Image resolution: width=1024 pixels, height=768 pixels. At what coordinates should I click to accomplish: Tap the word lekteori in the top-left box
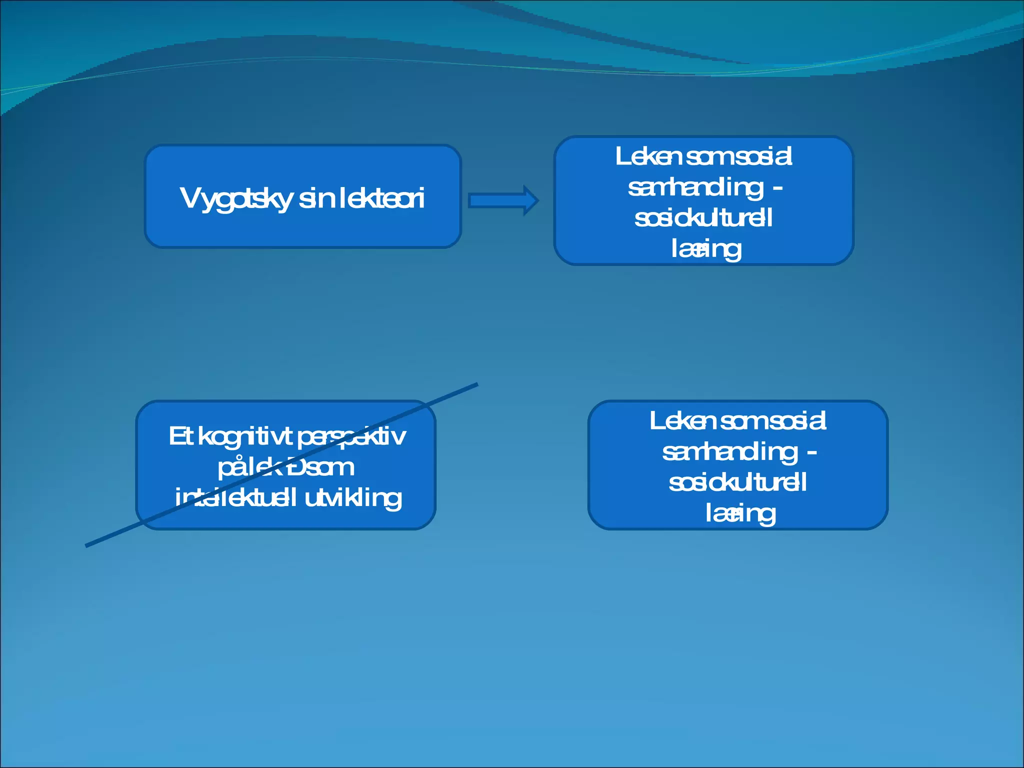[x=382, y=198]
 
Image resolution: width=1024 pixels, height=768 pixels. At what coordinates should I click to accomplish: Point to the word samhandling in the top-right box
[x=695, y=187]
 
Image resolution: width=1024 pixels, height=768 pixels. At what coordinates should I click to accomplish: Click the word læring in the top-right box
[x=705, y=249]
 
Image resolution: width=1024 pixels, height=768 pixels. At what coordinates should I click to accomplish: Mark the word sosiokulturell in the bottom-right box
[x=737, y=483]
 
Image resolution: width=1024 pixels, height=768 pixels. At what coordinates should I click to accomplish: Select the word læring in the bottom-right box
[x=740, y=513]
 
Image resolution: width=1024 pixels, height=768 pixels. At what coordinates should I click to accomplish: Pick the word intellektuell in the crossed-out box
[x=235, y=498]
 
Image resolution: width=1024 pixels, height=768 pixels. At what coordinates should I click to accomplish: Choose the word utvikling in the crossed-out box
[x=353, y=498]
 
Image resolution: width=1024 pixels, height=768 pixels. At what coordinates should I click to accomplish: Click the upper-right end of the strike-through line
[x=476, y=384]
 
